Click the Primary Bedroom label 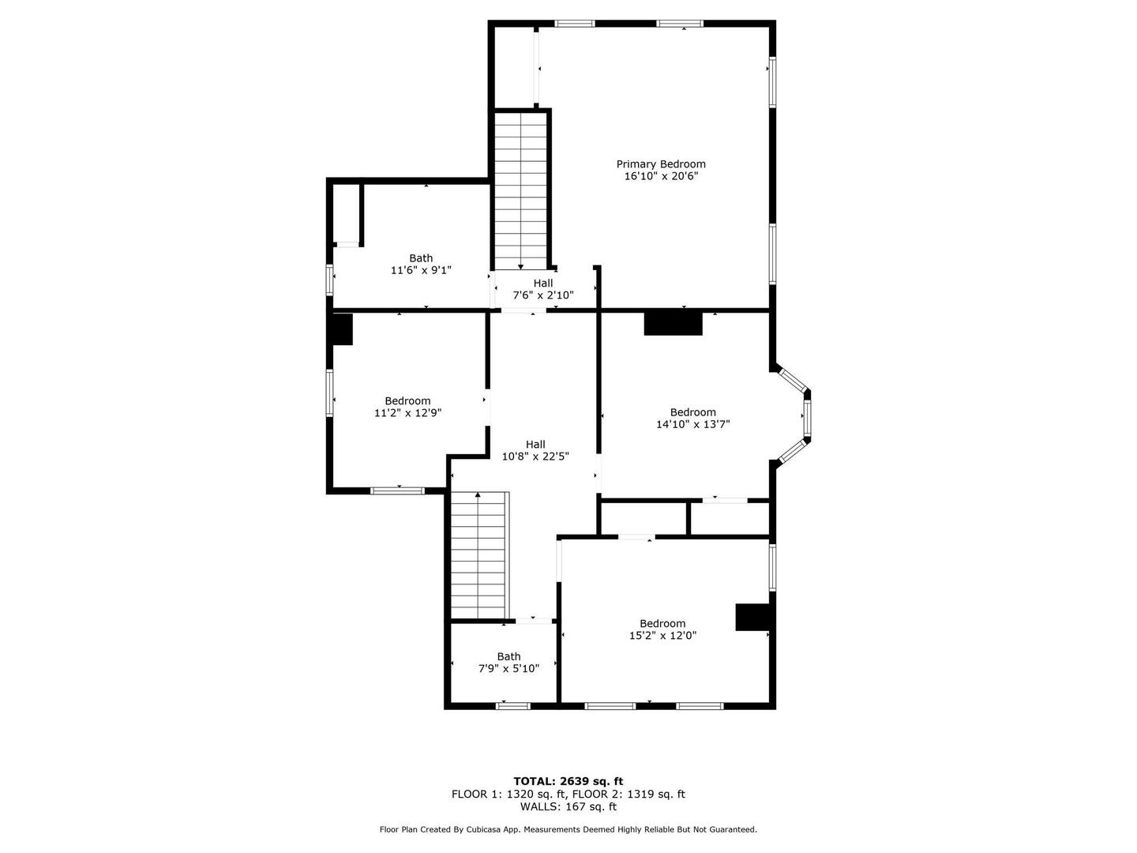[x=660, y=164]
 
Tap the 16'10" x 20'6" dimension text [x=661, y=176]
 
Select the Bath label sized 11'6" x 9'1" [x=421, y=258]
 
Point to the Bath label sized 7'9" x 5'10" [x=508, y=656]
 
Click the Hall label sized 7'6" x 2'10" [x=543, y=283]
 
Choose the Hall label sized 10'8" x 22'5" [x=535, y=444]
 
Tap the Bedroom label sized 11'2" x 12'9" [x=407, y=400]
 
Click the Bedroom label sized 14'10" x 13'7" [x=692, y=411]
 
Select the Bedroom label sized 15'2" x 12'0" [x=662, y=623]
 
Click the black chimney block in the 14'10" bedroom [x=673, y=324]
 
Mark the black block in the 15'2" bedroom [x=752, y=617]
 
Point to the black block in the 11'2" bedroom [x=342, y=329]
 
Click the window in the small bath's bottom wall [x=512, y=705]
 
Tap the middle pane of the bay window [x=806, y=416]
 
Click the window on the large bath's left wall [x=329, y=280]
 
